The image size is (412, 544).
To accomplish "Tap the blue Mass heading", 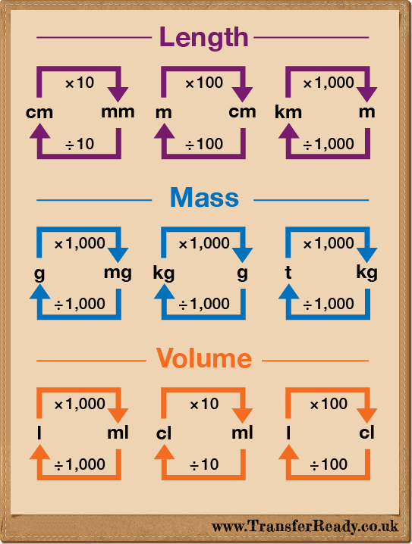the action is point(205,198).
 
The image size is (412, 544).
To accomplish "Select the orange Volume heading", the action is point(204,358).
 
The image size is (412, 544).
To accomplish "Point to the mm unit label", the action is point(118,112).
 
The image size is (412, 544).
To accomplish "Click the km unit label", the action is point(288,112).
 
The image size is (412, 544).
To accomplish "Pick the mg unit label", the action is point(118,274).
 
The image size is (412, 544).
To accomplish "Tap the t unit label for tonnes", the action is point(288,272).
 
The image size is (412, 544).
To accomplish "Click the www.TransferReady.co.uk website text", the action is point(305,527).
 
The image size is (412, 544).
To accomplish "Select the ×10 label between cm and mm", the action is point(80,83).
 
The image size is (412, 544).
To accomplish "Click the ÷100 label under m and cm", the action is point(204,144).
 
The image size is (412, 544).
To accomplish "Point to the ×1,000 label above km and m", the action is point(329,83).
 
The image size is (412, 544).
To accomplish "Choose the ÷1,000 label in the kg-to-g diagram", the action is point(204,304).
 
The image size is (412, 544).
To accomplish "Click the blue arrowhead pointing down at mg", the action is point(118,255).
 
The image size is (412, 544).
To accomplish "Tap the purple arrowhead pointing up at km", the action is point(288,131).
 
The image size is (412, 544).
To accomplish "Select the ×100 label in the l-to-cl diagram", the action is point(329,404).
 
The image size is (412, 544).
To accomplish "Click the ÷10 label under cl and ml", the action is point(204,464).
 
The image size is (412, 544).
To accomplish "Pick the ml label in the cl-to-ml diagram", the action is point(242,433).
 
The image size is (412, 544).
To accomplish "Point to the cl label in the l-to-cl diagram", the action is point(366,433).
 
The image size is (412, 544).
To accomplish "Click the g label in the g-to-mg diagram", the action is point(39,274).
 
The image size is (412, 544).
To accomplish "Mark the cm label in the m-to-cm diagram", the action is point(242,112).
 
